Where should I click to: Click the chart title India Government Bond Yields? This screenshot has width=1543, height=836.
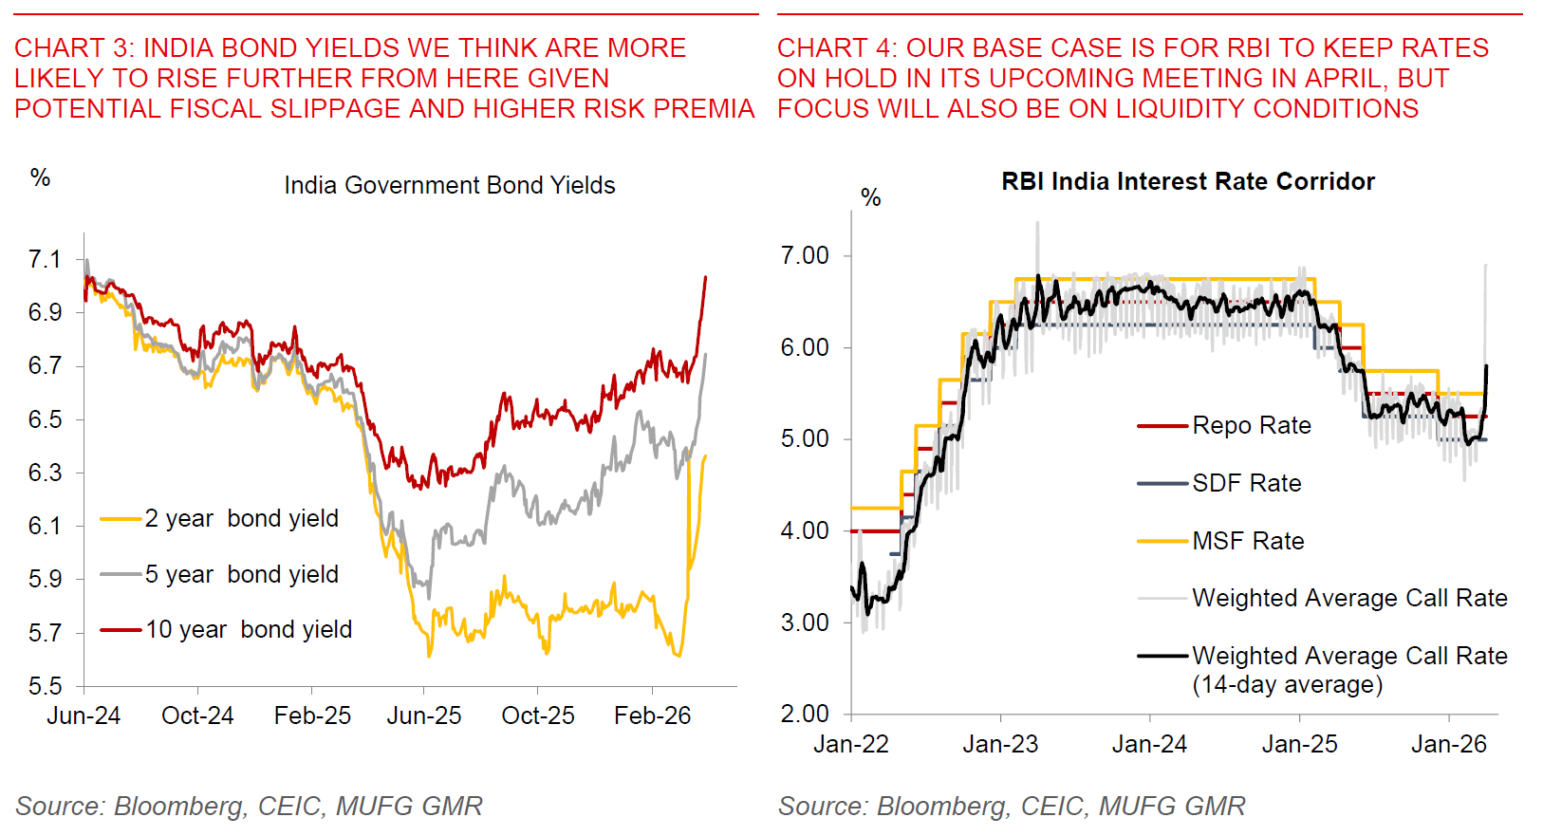tap(449, 185)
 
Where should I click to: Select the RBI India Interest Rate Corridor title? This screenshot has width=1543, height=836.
tap(1187, 181)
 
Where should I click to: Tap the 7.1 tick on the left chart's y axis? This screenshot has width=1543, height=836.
tap(45, 259)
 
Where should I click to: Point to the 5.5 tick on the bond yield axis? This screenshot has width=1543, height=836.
tap(45, 685)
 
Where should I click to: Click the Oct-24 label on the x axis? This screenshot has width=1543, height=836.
tap(197, 715)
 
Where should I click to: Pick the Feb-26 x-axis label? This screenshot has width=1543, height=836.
tap(652, 715)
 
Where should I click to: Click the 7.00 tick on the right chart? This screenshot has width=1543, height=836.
tap(805, 255)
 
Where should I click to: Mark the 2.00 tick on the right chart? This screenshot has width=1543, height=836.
tap(805, 714)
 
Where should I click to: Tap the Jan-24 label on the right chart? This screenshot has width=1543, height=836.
tap(1149, 744)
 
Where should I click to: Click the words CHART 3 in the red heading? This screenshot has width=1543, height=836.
tap(60, 47)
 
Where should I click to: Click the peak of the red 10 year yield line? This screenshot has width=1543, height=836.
tap(705, 277)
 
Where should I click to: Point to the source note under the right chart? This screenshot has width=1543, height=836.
tap(1011, 806)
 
